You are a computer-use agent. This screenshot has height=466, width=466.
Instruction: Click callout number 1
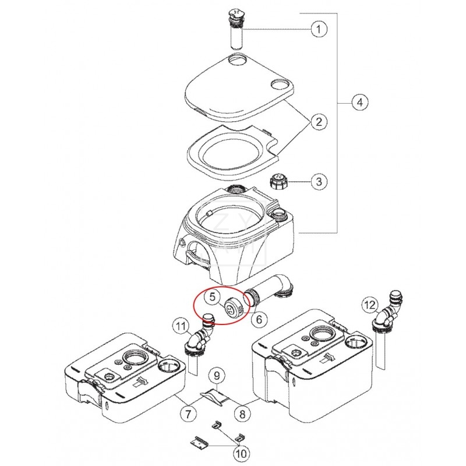(318, 29)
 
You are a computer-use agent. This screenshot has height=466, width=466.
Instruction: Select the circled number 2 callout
(318, 122)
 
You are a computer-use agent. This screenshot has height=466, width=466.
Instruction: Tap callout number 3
(318, 182)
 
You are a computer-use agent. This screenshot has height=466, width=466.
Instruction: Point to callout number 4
(359, 103)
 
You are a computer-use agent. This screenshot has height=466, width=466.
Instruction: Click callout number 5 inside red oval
(213, 297)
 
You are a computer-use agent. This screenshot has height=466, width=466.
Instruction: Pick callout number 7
(188, 415)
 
